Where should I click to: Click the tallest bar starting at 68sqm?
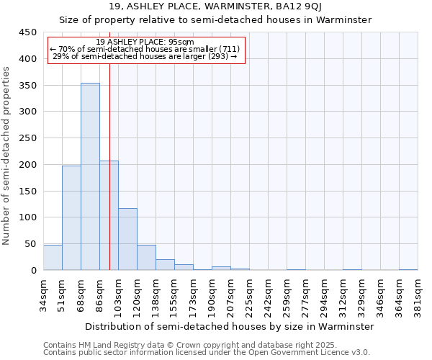pyautogui.click(x=90, y=176)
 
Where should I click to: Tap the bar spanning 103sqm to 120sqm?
pyautogui.click(x=127, y=239)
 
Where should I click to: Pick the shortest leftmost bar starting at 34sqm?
pyautogui.click(x=53, y=258)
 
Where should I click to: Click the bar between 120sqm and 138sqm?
pyautogui.click(x=146, y=258)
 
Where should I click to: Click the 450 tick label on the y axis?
pyautogui.click(x=27, y=32)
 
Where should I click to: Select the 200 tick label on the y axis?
pyautogui.click(x=27, y=165)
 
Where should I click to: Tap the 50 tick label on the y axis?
pyautogui.click(x=30, y=244)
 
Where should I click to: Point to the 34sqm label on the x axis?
pyautogui.click(x=44, y=294)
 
